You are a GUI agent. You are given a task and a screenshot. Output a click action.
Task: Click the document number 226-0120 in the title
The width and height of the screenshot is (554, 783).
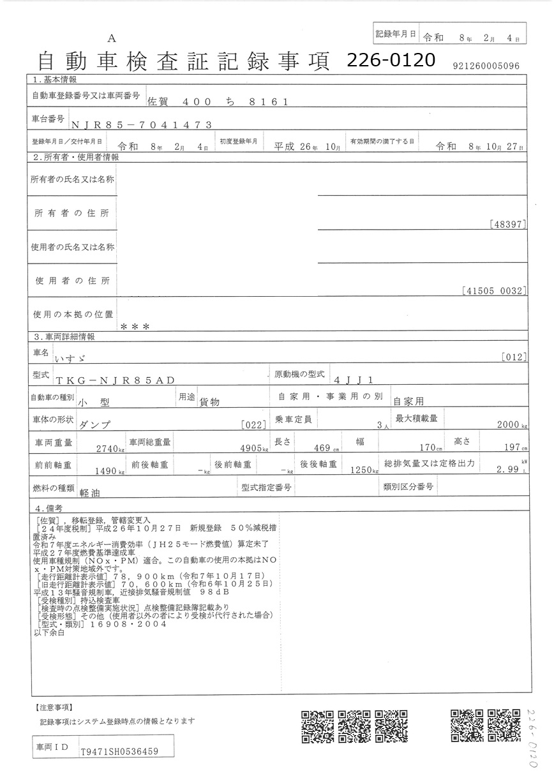[x=391, y=60]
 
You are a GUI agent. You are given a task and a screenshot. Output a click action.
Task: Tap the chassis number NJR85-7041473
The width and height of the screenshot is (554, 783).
[x=141, y=126]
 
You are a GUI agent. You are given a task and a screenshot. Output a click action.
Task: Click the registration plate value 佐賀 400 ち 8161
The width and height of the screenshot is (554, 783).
[x=218, y=101]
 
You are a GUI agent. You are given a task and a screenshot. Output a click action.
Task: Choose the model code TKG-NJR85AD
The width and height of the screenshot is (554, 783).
[x=115, y=380]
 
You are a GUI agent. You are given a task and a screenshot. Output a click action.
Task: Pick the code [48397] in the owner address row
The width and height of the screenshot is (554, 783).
[x=508, y=225]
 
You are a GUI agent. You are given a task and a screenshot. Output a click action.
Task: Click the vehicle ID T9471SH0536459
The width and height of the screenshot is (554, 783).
[x=119, y=752]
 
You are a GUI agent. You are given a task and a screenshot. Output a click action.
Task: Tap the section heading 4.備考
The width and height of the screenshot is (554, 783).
[x=50, y=509]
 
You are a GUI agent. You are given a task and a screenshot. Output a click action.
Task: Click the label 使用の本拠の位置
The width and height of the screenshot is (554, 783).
[x=73, y=315]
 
